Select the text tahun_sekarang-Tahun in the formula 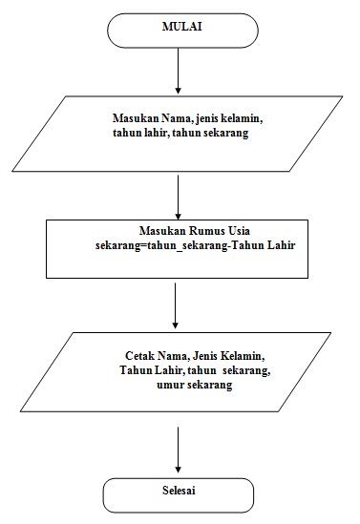click(195, 245)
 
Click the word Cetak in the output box click(140, 354)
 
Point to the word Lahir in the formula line click(278, 245)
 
